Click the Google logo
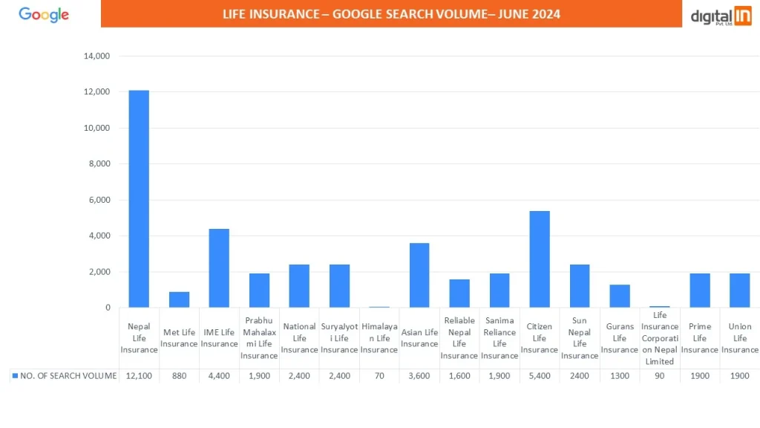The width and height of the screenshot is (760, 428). click(44, 15)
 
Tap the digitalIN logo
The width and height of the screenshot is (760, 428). click(720, 16)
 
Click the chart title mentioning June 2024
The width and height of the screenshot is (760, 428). click(391, 14)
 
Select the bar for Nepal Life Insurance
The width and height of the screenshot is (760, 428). click(139, 198)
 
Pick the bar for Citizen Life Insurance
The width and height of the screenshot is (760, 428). click(540, 259)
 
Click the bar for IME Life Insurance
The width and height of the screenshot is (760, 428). click(219, 268)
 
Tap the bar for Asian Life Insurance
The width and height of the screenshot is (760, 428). click(419, 275)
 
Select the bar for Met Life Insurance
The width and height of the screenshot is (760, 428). click(179, 299)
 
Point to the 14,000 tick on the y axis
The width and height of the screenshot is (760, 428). click(97, 56)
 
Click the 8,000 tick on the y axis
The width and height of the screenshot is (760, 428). click(99, 163)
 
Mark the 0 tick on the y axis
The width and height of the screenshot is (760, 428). click(108, 308)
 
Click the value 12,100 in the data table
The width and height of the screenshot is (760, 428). click(139, 376)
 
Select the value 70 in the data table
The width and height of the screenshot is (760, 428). click(379, 376)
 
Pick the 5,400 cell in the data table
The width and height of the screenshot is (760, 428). click(540, 376)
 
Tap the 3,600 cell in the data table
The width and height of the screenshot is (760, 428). click(419, 376)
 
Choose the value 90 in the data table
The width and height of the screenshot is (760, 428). click(660, 376)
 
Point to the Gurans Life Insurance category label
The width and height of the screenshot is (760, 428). click(620, 338)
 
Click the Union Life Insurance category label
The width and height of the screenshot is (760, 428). click(740, 338)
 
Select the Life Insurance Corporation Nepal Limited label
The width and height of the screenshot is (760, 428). click(660, 338)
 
